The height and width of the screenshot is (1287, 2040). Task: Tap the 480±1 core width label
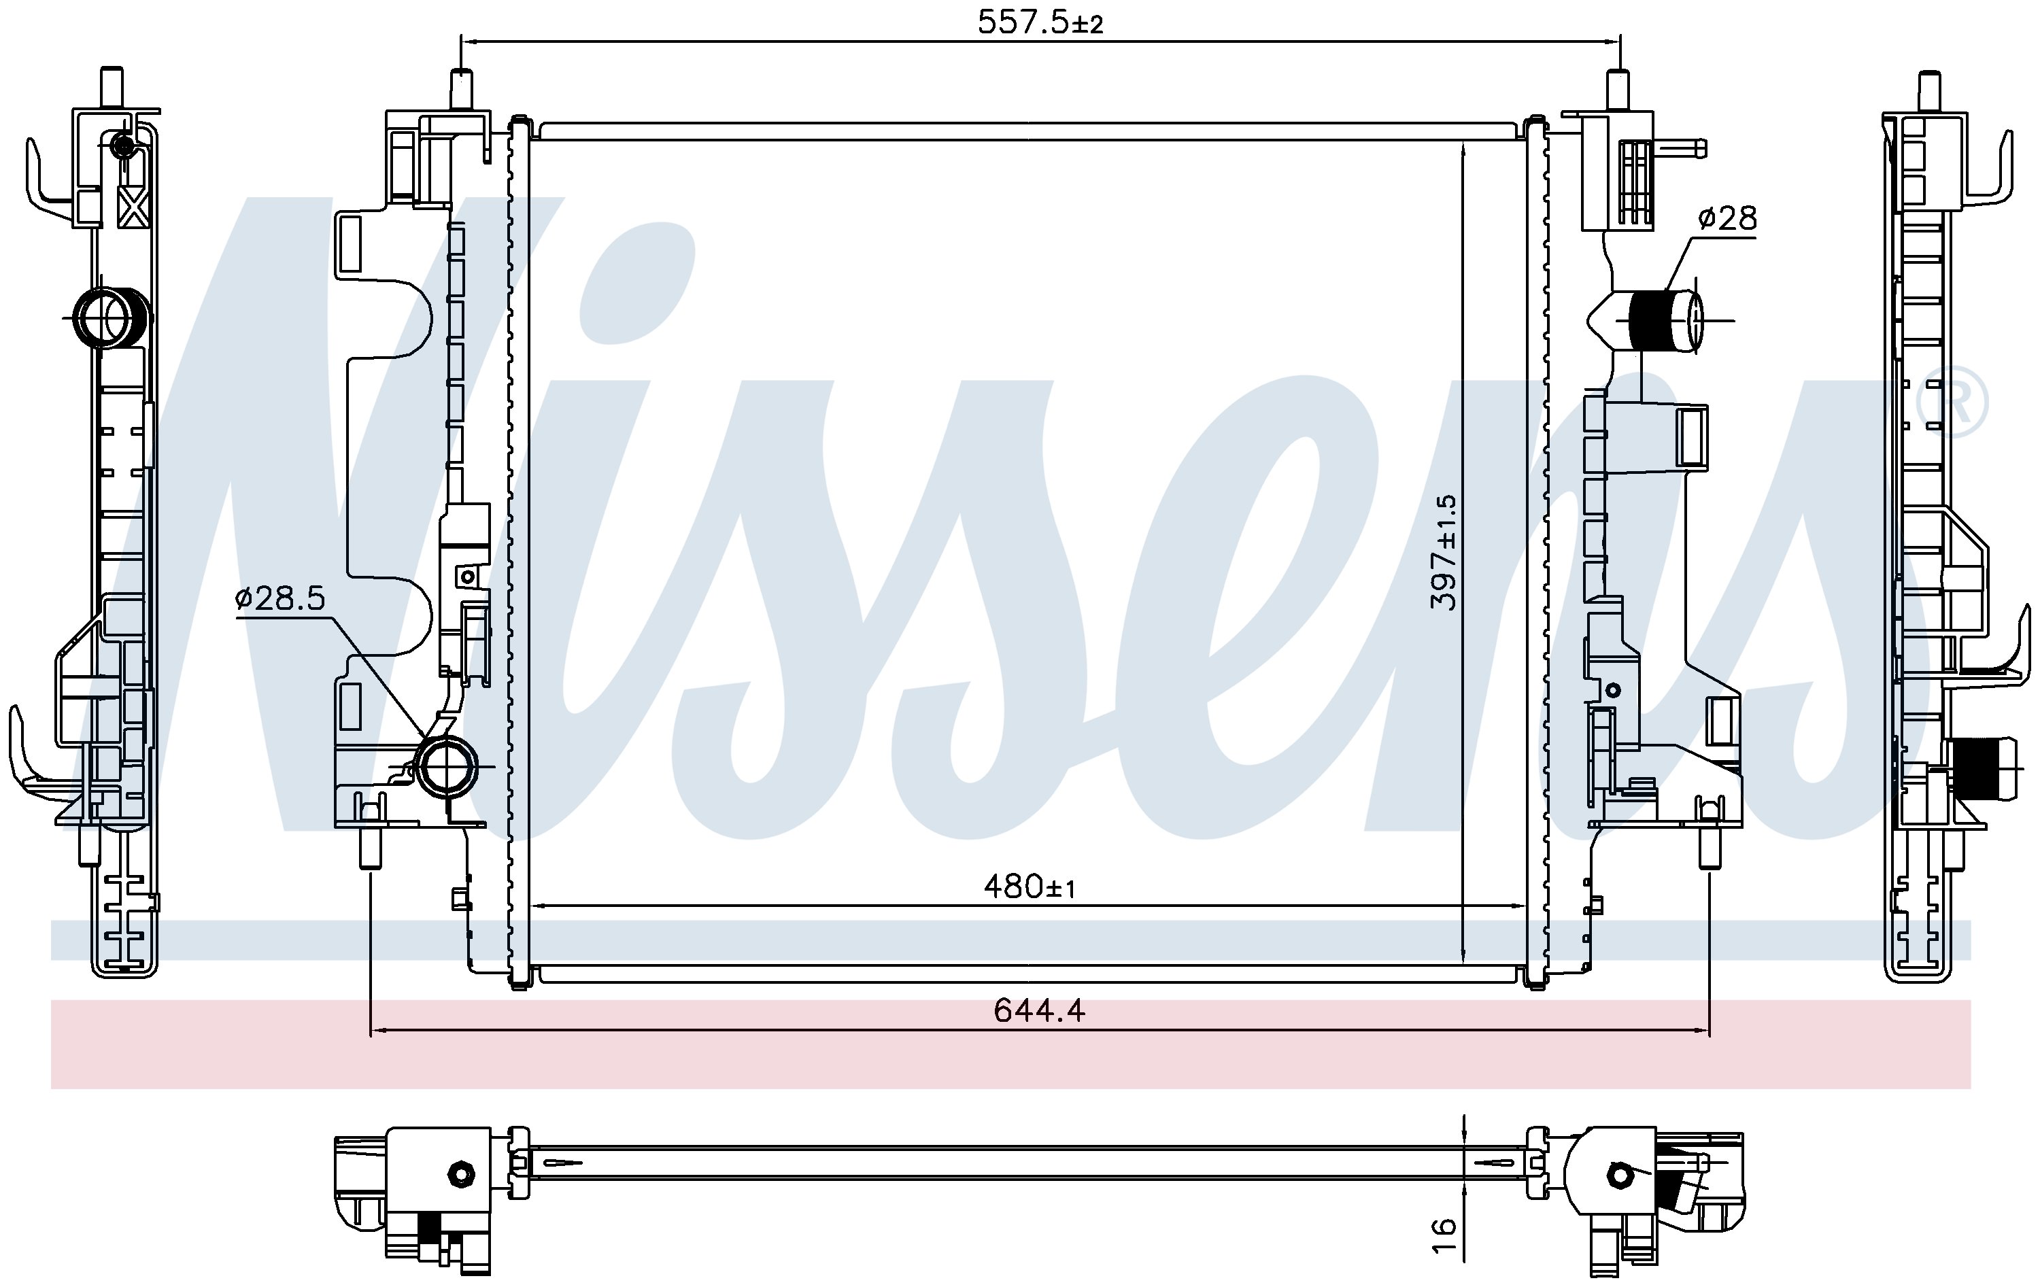point(1030,887)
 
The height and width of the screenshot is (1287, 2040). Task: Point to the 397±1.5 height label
point(1444,553)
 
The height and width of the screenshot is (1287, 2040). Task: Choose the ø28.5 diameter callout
point(280,600)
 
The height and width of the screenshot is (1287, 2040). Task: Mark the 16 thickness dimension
point(1444,1235)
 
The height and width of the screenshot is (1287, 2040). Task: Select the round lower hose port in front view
point(447,768)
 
